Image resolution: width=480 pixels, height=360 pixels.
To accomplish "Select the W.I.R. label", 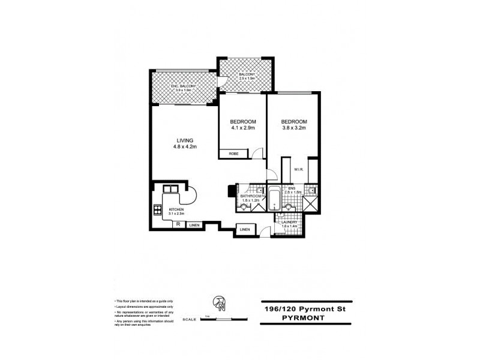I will [298, 170].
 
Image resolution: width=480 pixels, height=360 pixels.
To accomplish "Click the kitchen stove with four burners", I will [158, 210].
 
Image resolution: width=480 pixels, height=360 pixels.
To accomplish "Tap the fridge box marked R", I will [178, 224].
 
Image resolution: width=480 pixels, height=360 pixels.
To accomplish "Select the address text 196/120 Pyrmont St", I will [306, 308].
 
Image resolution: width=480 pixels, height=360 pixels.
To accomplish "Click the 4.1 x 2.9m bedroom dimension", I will [243, 127].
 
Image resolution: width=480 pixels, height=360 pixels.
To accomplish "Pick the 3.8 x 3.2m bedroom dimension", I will [294, 127].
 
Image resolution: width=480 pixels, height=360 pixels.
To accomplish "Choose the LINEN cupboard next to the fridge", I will [194, 225].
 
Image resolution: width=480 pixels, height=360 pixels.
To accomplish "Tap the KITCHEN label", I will [176, 209].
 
